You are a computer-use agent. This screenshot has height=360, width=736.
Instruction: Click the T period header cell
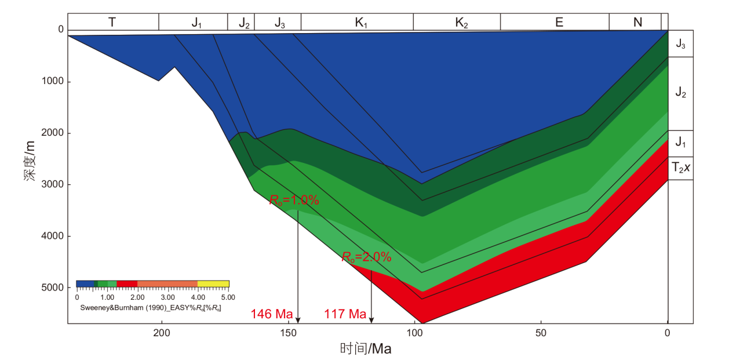point(112,22)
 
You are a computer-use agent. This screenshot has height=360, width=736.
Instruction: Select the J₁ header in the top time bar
point(196,22)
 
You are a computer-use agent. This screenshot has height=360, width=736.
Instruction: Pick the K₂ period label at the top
point(461,22)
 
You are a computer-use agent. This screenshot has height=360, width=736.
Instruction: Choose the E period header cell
point(559,22)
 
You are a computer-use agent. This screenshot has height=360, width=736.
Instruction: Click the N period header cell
point(637,22)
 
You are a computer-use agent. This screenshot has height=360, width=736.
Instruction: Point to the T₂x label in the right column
point(680,168)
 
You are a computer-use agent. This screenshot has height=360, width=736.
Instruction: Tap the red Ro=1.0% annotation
point(294,200)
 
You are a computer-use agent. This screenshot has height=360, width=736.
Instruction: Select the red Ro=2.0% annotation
point(366,257)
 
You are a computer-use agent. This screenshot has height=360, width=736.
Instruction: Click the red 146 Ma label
point(271,314)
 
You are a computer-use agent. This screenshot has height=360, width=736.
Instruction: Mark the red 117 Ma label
point(345,314)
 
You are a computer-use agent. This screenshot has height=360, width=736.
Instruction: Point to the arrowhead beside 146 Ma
point(298,319)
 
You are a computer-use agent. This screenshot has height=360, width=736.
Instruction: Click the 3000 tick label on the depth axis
point(53,185)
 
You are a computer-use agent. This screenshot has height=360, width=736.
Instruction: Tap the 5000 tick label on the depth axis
point(53,288)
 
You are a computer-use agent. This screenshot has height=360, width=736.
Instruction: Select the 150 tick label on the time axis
point(287,333)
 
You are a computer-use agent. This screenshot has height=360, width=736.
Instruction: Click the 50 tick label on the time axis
point(541,333)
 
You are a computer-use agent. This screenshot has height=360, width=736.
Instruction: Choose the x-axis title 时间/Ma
point(366,349)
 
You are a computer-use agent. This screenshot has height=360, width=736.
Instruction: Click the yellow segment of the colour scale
point(213,284)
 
